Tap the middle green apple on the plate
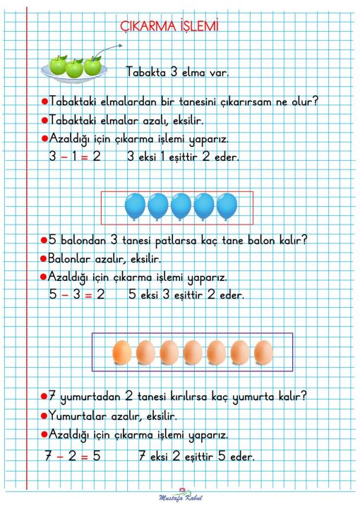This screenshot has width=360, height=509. (x=75, y=68)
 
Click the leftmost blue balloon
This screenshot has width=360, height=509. (x=134, y=206)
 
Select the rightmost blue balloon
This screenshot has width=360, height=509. (x=226, y=206)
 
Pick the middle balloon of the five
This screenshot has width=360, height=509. (x=181, y=206)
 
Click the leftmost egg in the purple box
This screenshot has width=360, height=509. (x=122, y=352)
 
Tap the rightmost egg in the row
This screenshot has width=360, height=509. (x=263, y=352)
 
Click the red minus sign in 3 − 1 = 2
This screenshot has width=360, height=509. (x=64, y=156)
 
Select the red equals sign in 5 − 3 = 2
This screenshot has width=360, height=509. (x=90, y=294)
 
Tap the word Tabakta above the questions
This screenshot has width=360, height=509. (x=146, y=71)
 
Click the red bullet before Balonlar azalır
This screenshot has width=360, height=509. (x=44, y=258)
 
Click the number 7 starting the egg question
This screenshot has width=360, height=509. (x=52, y=397)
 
